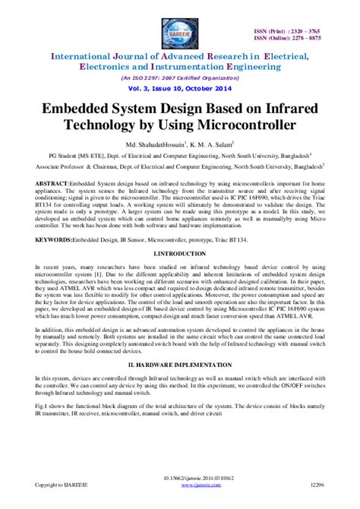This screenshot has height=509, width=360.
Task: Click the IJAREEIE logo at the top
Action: click(x=181, y=30)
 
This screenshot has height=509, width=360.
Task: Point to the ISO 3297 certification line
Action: click(x=180, y=78)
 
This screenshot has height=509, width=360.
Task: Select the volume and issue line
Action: click(x=180, y=90)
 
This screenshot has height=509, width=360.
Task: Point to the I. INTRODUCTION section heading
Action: click(x=179, y=251)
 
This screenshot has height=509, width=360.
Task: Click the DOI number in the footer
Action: click(x=180, y=496)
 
